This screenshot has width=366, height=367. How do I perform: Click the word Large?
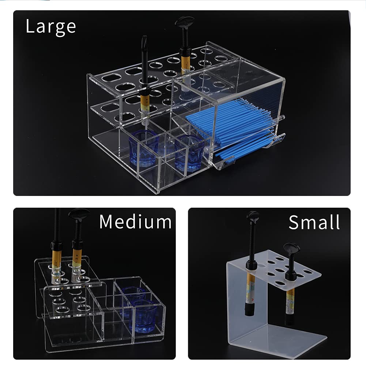coord(51,26)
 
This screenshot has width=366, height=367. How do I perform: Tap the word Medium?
coord(135,222)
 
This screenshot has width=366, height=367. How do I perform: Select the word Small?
coord(314,222)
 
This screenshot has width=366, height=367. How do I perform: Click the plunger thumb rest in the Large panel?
coord(184,22)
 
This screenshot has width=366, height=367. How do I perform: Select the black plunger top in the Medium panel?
coord(79,214)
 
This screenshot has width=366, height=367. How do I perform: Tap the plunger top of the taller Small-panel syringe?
coord(253,216)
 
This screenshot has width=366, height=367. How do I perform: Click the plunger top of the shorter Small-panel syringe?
coord(291,249)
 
